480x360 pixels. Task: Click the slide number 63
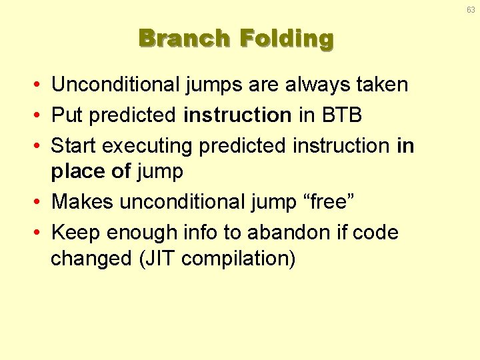pos(471,10)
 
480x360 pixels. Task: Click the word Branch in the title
pos(184,38)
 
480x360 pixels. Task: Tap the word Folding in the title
pos(287,39)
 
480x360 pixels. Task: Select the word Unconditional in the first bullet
pos(115,84)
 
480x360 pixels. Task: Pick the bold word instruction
pos(237,115)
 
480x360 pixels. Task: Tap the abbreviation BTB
pos(341,115)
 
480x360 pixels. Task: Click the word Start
pos(73,145)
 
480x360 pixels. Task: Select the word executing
pos(147,146)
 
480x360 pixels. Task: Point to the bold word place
pos(78,171)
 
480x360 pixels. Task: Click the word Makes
pos(83,201)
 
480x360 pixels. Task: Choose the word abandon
pos(289,233)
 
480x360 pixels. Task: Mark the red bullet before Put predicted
pos(37,115)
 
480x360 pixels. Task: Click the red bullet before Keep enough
pos(37,233)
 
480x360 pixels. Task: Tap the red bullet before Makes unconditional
pos(37,202)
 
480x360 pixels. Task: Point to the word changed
pos(91,259)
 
